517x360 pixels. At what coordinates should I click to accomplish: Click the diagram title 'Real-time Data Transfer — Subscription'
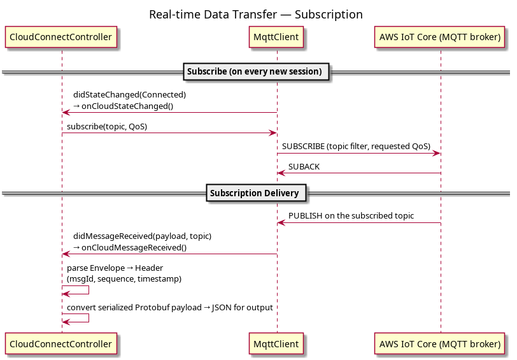coord(256,15)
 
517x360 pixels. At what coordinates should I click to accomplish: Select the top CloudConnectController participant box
coord(61,37)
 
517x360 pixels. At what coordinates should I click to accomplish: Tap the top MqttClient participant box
coord(276,37)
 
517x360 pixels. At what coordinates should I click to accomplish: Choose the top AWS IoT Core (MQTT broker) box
coord(440,37)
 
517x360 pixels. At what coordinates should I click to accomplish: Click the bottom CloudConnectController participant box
coord(61,344)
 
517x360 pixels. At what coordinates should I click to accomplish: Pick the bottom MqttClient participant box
coord(276,344)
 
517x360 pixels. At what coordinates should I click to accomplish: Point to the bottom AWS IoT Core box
coord(440,344)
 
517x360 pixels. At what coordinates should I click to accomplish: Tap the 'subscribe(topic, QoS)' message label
coord(107,127)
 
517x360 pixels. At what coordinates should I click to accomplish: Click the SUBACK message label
coord(304,167)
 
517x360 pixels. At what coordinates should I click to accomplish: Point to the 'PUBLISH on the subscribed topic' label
coord(351,216)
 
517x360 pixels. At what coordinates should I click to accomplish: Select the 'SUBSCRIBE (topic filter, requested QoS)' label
coord(356,147)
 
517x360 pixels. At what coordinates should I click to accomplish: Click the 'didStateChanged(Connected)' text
coord(130,95)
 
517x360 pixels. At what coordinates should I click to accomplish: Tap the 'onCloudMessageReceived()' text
coord(134,248)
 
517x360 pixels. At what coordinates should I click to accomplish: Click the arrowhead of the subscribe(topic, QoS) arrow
coord(273,133)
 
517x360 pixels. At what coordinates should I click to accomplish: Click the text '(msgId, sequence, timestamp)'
coord(124,279)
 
